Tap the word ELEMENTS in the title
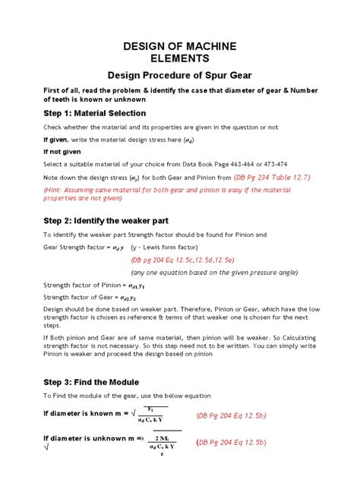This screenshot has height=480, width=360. pyautogui.click(x=180, y=58)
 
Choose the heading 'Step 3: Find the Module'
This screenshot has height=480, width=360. pyautogui.click(x=92, y=382)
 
